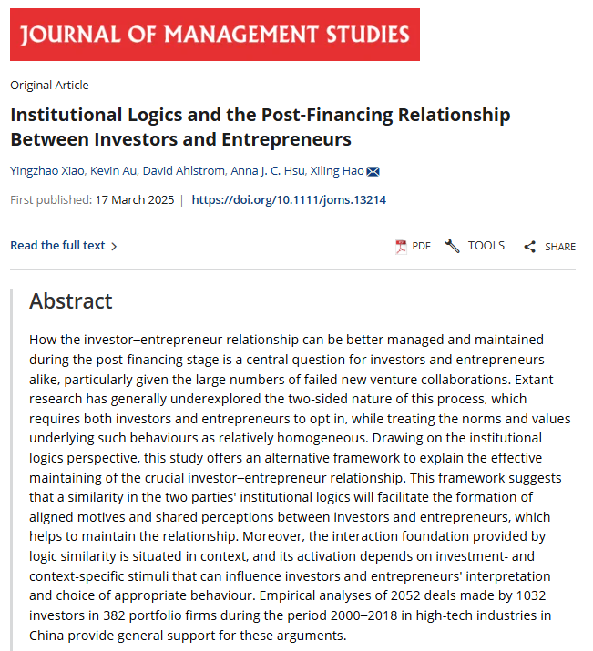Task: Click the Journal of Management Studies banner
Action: (x=215, y=35)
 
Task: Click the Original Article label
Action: (x=49, y=86)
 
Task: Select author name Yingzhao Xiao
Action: (x=47, y=171)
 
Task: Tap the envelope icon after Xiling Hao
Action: (x=373, y=171)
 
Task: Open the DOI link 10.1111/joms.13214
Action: (x=289, y=199)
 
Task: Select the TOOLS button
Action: (x=475, y=246)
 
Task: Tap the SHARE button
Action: (x=550, y=246)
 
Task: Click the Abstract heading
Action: (x=71, y=301)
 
